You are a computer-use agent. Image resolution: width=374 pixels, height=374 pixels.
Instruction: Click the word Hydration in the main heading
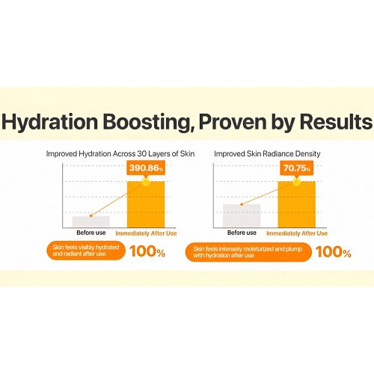click(49, 122)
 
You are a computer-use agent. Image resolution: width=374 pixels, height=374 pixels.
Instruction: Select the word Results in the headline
click(336, 121)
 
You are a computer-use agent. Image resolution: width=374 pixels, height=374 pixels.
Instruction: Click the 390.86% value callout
click(146, 169)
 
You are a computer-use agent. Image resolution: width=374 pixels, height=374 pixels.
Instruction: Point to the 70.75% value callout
click(297, 169)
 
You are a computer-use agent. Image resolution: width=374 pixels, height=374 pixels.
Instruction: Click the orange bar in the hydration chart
click(146, 204)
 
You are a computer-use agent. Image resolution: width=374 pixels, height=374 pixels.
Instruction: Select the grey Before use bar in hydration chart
click(91, 221)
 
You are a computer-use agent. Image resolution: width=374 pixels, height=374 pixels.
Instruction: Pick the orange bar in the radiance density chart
click(297, 204)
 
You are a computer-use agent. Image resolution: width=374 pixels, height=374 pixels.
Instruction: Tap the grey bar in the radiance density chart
click(242, 215)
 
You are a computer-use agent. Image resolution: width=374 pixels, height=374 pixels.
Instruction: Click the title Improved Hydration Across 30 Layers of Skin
click(120, 154)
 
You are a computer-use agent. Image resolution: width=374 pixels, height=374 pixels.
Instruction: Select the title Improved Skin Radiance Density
click(267, 154)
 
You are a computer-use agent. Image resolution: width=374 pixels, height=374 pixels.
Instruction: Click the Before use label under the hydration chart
click(91, 233)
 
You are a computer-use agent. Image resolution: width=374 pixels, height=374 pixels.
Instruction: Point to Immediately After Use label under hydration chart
click(146, 233)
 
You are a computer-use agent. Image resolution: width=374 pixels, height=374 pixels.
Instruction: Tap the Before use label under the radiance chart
click(242, 233)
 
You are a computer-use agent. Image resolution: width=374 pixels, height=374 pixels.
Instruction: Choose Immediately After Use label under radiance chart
click(297, 233)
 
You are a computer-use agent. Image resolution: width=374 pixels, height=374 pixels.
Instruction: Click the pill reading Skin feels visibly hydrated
click(86, 251)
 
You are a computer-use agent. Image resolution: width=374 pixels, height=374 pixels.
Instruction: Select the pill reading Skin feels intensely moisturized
click(248, 252)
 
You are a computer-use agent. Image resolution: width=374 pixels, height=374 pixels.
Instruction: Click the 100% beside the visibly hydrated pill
click(147, 251)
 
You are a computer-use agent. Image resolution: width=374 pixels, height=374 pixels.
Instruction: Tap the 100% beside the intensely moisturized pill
click(334, 252)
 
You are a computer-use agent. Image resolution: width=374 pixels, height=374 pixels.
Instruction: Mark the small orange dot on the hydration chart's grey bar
click(91, 215)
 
